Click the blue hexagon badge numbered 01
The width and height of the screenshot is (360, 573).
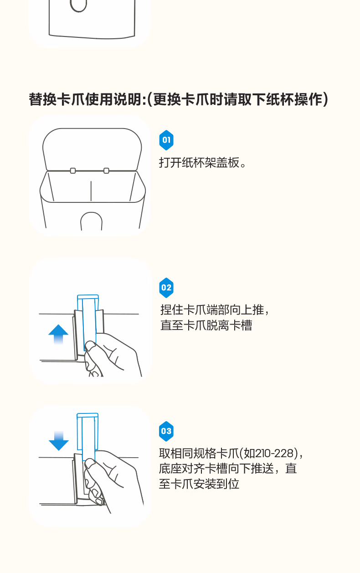tap(166, 140)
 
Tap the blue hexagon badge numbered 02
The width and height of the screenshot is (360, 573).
tap(166, 288)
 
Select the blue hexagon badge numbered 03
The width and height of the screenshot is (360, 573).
tap(166, 431)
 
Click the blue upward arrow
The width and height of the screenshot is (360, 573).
tap(58, 334)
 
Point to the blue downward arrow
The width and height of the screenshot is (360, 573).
tap(58, 440)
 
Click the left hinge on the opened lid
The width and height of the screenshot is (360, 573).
tap(73, 170)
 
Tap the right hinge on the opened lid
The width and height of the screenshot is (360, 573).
tap(106, 170)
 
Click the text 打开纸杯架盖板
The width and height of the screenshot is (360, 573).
tap(199, 162)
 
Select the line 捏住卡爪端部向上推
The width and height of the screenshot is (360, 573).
tap(212, 310)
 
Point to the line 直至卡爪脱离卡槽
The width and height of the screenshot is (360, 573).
tap(206, 325)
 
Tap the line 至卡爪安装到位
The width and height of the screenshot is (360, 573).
tap(199, 484)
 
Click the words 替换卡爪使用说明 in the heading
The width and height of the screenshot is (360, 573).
tap(86, 99)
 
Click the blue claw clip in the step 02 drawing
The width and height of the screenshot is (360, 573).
tap(88, 323)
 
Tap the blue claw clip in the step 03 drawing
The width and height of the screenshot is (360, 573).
tap(87, 437)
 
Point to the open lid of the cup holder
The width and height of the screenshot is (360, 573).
tap(92, 149)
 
